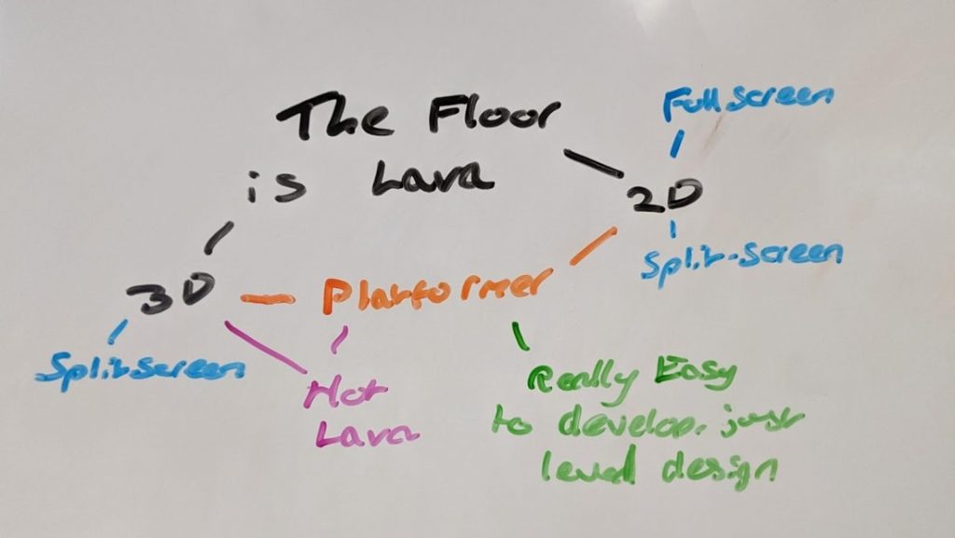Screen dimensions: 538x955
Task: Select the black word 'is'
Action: coord(277,189)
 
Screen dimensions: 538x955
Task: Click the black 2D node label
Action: coord(663,198)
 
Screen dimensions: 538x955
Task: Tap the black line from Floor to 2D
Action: coord(593,163)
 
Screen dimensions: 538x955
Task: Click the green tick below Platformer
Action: coord(519,336)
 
